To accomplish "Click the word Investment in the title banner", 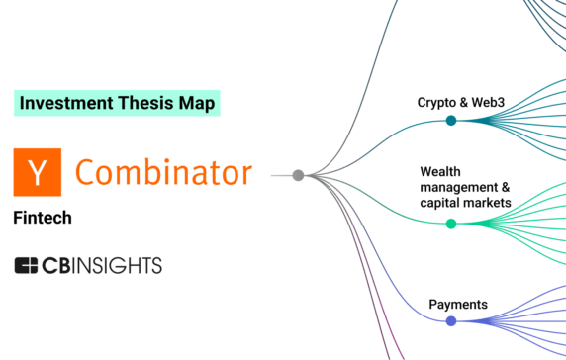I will [x=62, y=102].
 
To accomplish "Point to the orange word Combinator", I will [x=163, y=172].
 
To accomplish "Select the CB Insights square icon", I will [x=27, y=265].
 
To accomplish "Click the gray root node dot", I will [x=298, y=175].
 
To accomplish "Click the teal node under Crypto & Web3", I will [x=451, y=121].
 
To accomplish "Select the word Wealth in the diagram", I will [x=440, y=171].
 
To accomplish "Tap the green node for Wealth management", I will [x=451, y=224].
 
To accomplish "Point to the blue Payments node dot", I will [x=451, y=321].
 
